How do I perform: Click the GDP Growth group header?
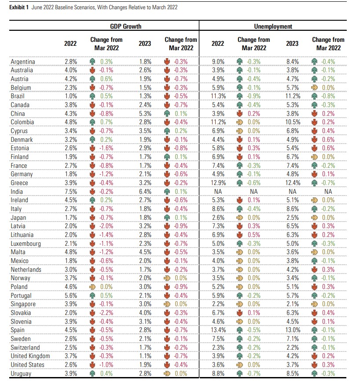tap(125, 26)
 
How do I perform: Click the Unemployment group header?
tap(273, 26)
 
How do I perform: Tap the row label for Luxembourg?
tap(26, 244)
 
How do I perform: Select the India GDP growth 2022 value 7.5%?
tap(71, 192)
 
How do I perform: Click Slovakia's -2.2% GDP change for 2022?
tap(107, 313)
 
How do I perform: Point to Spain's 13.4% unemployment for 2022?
tap(218, 330)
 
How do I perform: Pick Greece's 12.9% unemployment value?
tap(218, 183)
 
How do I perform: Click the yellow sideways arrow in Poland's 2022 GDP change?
tap(92, 287)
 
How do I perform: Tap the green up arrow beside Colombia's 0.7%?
tap(92, 122)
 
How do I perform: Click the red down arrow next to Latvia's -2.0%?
tap(92, 226)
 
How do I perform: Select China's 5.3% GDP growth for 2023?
tap(145, 114)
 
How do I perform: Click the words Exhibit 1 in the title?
tap(19, 7)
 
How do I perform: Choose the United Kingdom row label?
tap(30, 356)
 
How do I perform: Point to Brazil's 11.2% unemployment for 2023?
tap(293, 96)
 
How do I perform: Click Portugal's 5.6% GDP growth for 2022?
tap(71, 296)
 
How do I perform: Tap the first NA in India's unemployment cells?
tap(218, 192)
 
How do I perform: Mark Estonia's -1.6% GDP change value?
tap(107, 148)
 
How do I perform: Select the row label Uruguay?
tap(21, 374)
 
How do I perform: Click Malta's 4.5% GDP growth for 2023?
tap(145, 252)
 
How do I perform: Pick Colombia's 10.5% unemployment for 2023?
tap(293, 122)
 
